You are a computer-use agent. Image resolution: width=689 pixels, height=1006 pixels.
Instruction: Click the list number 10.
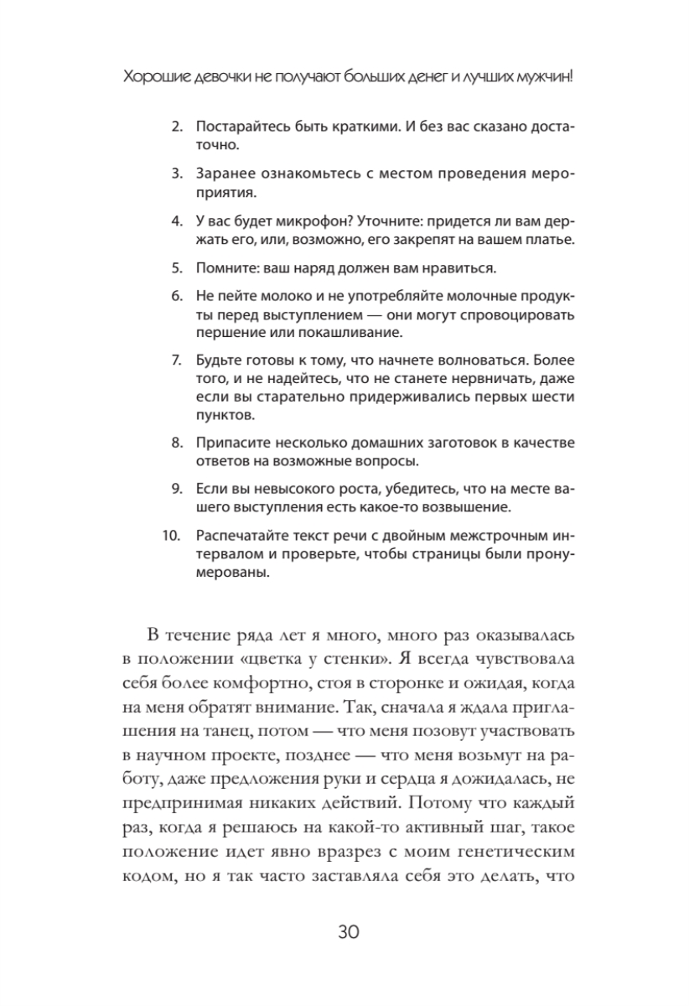(x=174, y=538)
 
